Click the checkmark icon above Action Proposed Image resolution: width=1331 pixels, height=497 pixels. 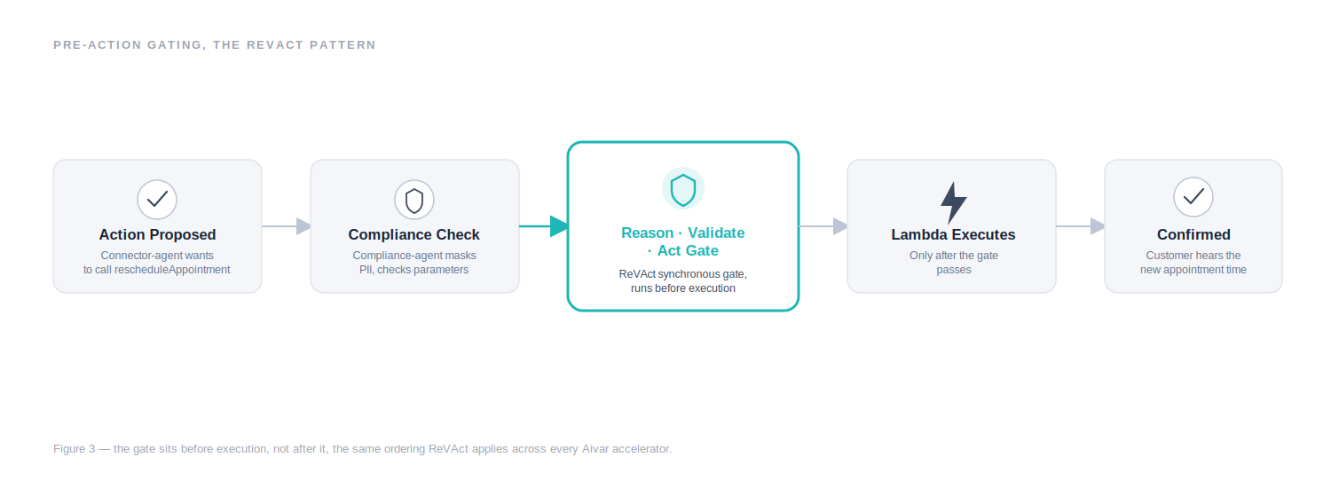(157, 200)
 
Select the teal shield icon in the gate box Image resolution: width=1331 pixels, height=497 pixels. (682, 189)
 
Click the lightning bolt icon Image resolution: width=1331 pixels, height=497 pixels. (953, 202)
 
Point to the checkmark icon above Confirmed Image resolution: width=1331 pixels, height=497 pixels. (1193, 197)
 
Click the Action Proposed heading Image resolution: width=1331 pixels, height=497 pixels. (157, 235)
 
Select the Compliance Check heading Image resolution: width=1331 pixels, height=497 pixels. (414, 235)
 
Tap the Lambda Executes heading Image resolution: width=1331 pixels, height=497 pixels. (953, 235)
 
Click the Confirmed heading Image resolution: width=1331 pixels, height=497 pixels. (1193, 235)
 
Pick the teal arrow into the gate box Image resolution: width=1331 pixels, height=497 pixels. (543, 226)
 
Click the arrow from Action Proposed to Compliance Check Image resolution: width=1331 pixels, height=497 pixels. (286, 226)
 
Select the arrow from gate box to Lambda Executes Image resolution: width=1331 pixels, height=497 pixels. (823, 226)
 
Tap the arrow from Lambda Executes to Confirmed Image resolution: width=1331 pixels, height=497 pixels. (1080, 226)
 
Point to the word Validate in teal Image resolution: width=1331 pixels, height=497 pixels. (716, 233)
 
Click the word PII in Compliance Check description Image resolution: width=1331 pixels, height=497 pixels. (366, 270)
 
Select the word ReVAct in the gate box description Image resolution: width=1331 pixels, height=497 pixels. (637, 274)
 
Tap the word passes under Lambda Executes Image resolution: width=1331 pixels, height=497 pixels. (954, 270)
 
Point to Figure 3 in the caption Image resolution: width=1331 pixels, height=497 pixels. (75, 449)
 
